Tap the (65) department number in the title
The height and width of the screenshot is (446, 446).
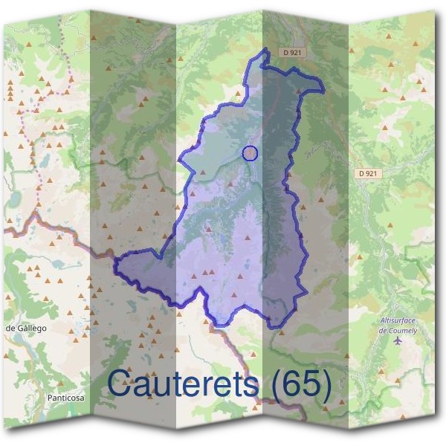pos(300,384)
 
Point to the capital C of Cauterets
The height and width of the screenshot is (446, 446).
pos(122,384)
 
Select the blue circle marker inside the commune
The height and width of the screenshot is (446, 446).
pos(251,153)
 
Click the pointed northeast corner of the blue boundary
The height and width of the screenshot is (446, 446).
pos(323,90)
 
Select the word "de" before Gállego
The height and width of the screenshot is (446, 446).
pos(10,328)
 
